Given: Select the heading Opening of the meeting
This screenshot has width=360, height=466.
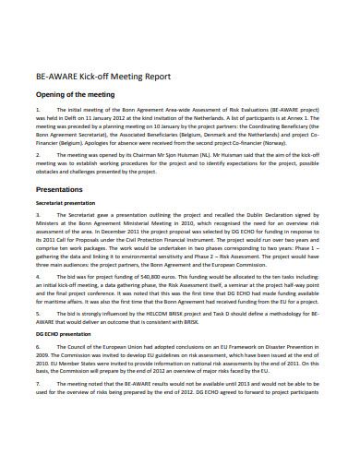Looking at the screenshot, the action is click(x=75, y=95).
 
